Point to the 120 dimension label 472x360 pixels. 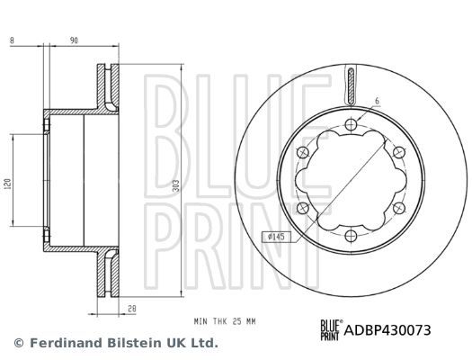(x=8, y=184)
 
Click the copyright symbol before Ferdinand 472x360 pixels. (x=19, y=343)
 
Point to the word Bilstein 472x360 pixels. (x=143, y=343)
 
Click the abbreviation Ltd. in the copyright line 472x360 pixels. (x=205, y=343)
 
